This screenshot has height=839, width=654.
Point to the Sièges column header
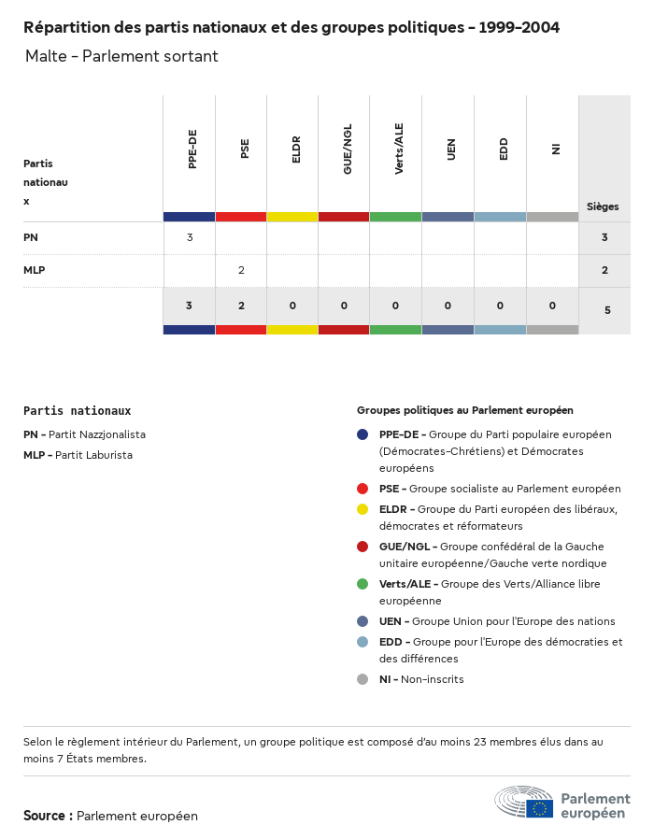point(603,206)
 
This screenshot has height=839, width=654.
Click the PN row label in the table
point(31,237)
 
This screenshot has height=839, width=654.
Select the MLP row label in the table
point(35,270)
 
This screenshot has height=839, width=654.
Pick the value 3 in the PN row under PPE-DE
point(190,237)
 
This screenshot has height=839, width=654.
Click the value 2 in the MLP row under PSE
point(241,270)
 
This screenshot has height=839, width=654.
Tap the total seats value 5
point(607,309)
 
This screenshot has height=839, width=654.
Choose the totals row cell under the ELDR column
point(292,306)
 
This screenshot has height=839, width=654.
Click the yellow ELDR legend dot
point(363,509)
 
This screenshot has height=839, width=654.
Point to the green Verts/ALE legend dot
point(363,584)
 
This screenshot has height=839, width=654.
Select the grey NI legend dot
point(363,679)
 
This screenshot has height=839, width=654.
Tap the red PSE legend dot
point(363,489)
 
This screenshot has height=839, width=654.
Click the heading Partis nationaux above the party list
point(77,410)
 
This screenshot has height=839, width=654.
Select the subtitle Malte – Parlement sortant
point(121,56)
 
